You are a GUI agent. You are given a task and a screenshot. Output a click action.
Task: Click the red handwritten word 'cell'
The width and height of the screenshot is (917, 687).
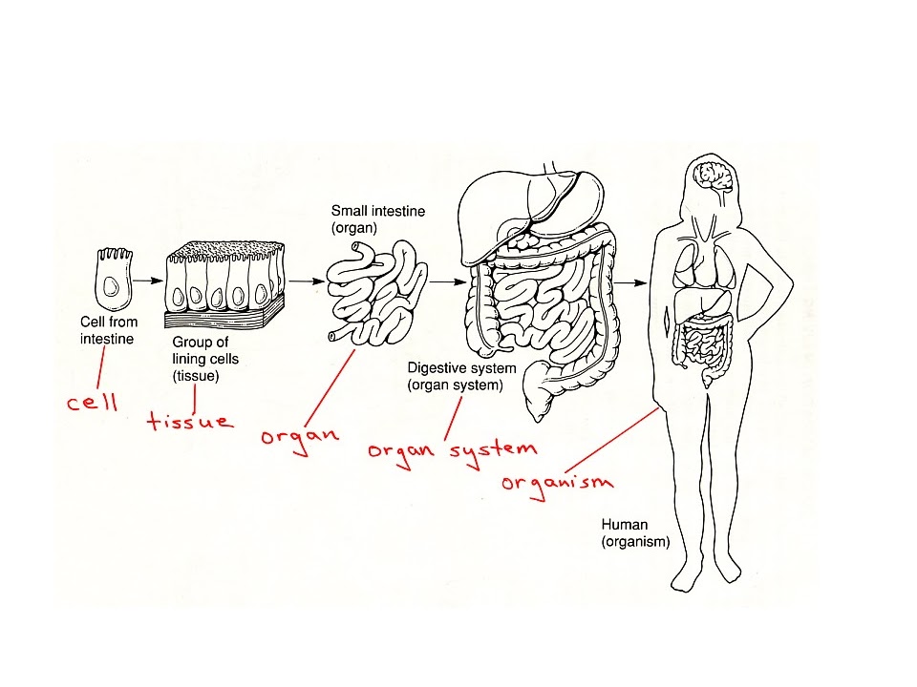[92, 402]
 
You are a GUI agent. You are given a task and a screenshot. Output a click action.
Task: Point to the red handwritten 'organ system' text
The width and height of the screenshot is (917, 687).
[452, 448]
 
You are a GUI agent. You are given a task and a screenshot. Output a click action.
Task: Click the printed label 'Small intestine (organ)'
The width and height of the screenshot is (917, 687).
[364, 219]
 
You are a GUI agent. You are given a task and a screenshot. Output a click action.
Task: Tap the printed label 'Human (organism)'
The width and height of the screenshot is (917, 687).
[635, 533]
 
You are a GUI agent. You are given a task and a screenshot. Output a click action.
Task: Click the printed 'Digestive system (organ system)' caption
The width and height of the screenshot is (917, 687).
[461, 377]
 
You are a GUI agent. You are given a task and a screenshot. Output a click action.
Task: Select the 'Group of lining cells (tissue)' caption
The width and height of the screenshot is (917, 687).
[205, 358]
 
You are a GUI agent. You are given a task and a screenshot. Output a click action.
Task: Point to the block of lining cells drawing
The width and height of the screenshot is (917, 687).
[225, 281]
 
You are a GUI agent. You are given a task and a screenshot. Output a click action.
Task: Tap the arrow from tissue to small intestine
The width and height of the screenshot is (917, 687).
[304, 281]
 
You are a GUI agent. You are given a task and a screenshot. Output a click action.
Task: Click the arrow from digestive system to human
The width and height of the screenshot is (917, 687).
[629, 282]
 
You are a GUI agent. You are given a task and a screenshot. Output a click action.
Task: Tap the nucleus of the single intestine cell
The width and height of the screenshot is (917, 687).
[112, 288]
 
